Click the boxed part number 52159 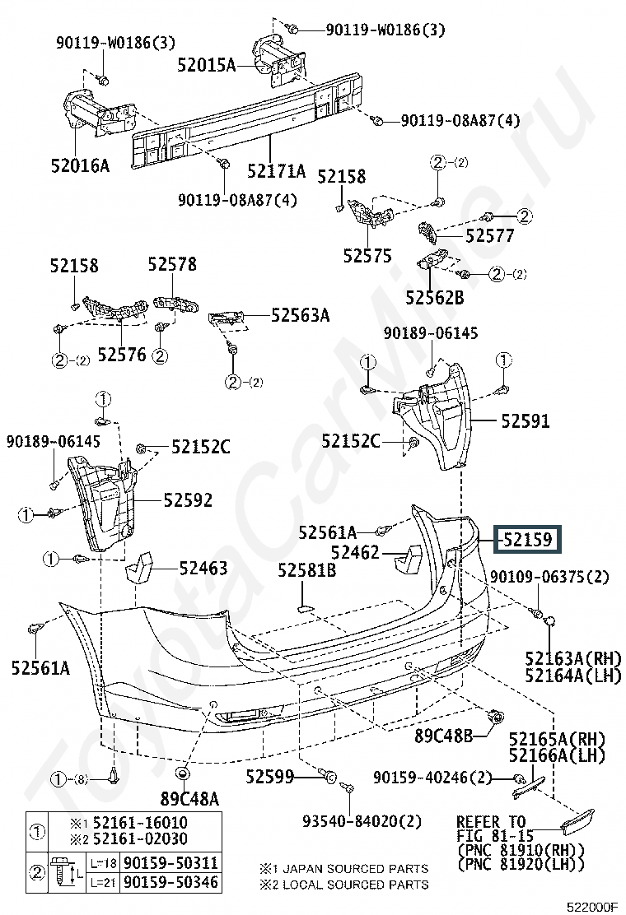click(527, 540)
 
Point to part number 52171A click(276, 171)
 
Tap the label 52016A click(79, 165)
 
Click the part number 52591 click(524, 420)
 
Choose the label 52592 click(187, 499)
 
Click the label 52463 click(202, 568)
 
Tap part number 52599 click(269, 775)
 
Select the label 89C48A click(189, 797)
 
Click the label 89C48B click(443, 736)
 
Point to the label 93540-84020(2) click(362, 820)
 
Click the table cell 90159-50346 click(171, 882)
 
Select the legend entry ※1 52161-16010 click(128, 823)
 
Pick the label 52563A click(300, 314)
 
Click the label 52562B click(434, 297)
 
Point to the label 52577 click(489, 236)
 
